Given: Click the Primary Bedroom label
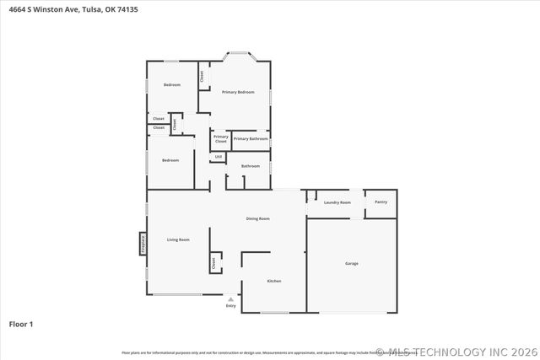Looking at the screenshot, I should click(x=238, y=92).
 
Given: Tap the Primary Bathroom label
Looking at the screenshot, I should click(x=251, y=138).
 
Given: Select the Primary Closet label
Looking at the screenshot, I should click(x=220, y=139).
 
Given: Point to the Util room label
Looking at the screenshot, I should click(x=218, y=157).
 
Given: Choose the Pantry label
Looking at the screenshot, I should click(x=381, y=201).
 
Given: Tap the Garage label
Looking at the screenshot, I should click(x=351, y=264).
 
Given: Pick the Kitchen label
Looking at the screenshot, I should click(x=274, y=281).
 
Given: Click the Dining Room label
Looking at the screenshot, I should click(x=257, y=218).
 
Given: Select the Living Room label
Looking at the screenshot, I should click(x=178, y=239).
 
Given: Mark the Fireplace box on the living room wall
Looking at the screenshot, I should click(x=143, y=243).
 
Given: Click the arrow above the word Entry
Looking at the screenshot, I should click(x=230, y=298).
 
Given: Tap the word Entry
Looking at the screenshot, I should click(x=230, y=305).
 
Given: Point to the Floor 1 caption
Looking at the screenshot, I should click(x=20, y=324).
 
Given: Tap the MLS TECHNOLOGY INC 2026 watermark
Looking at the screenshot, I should click(x=461, y=352).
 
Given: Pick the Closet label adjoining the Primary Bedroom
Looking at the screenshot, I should click(x=202, y=76).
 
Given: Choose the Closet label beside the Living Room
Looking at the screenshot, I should click(x=213, y=262).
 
